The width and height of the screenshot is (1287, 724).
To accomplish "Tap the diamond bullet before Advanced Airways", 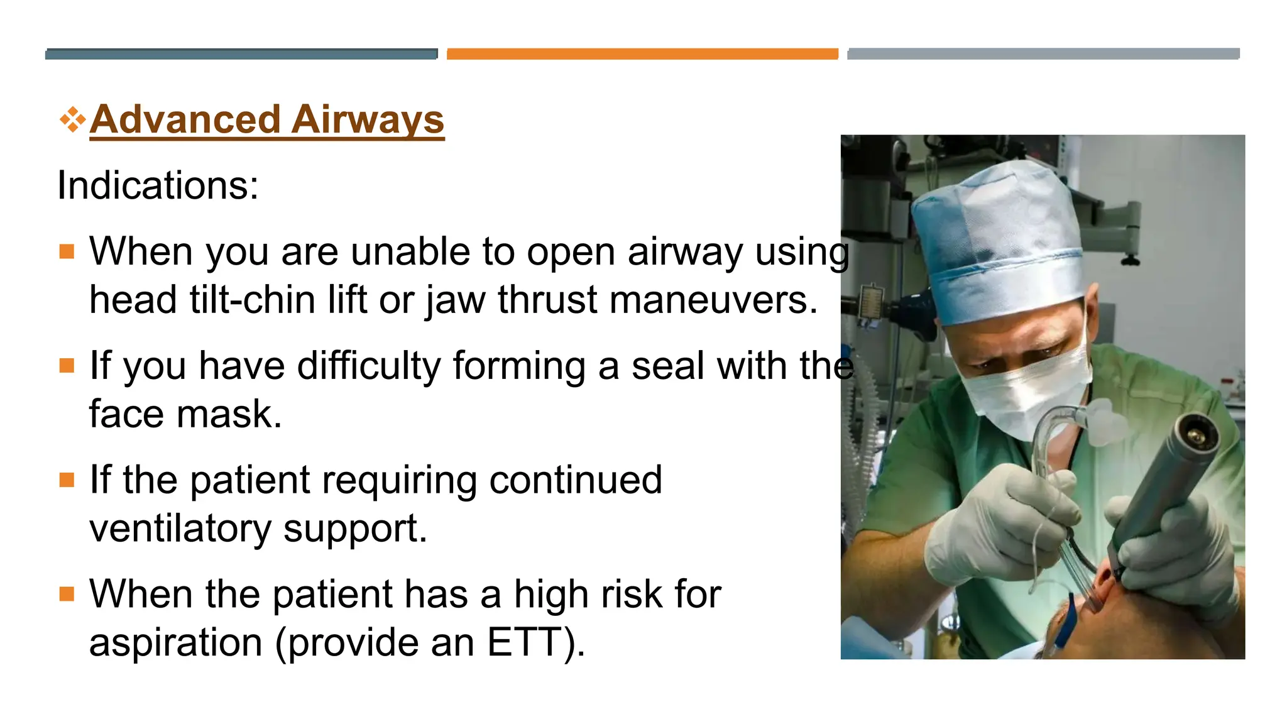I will pyautogui.click(x=72, y=119).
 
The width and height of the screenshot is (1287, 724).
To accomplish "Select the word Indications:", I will pyautogui.click(x=158, y=186).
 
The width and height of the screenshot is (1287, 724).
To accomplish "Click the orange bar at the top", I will pyautogui.click(x=642, y=54).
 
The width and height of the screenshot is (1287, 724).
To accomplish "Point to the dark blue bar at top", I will pyautogui.click(x=241, y=54).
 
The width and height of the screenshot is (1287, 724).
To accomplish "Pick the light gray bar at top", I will pyautogui.click(x=1043, y=54).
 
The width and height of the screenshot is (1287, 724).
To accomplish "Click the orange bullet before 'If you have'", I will pyautogui.click(x=67, y=366).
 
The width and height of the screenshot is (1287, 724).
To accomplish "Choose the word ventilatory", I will pyautogui.click(x=180, y=529).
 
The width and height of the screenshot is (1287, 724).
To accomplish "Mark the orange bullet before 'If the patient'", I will pyautogui.click(x=67, y=480).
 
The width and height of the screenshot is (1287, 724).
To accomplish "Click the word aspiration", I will pyautogui.click(x=175, y=643).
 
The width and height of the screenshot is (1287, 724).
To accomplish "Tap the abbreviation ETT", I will pyautogui.click(x=525, y=643).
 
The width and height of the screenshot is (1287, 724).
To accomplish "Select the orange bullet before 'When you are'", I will pyautogui.click(x=67, y=252).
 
